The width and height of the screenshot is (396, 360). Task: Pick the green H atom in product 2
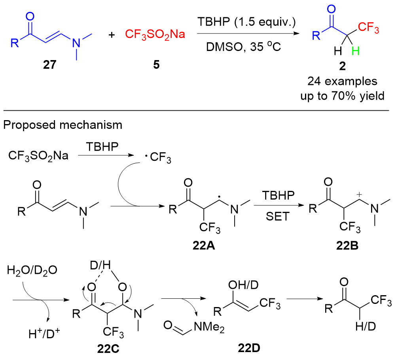pos(355,51)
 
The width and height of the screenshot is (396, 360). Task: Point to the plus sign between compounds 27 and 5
pos(112,35)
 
